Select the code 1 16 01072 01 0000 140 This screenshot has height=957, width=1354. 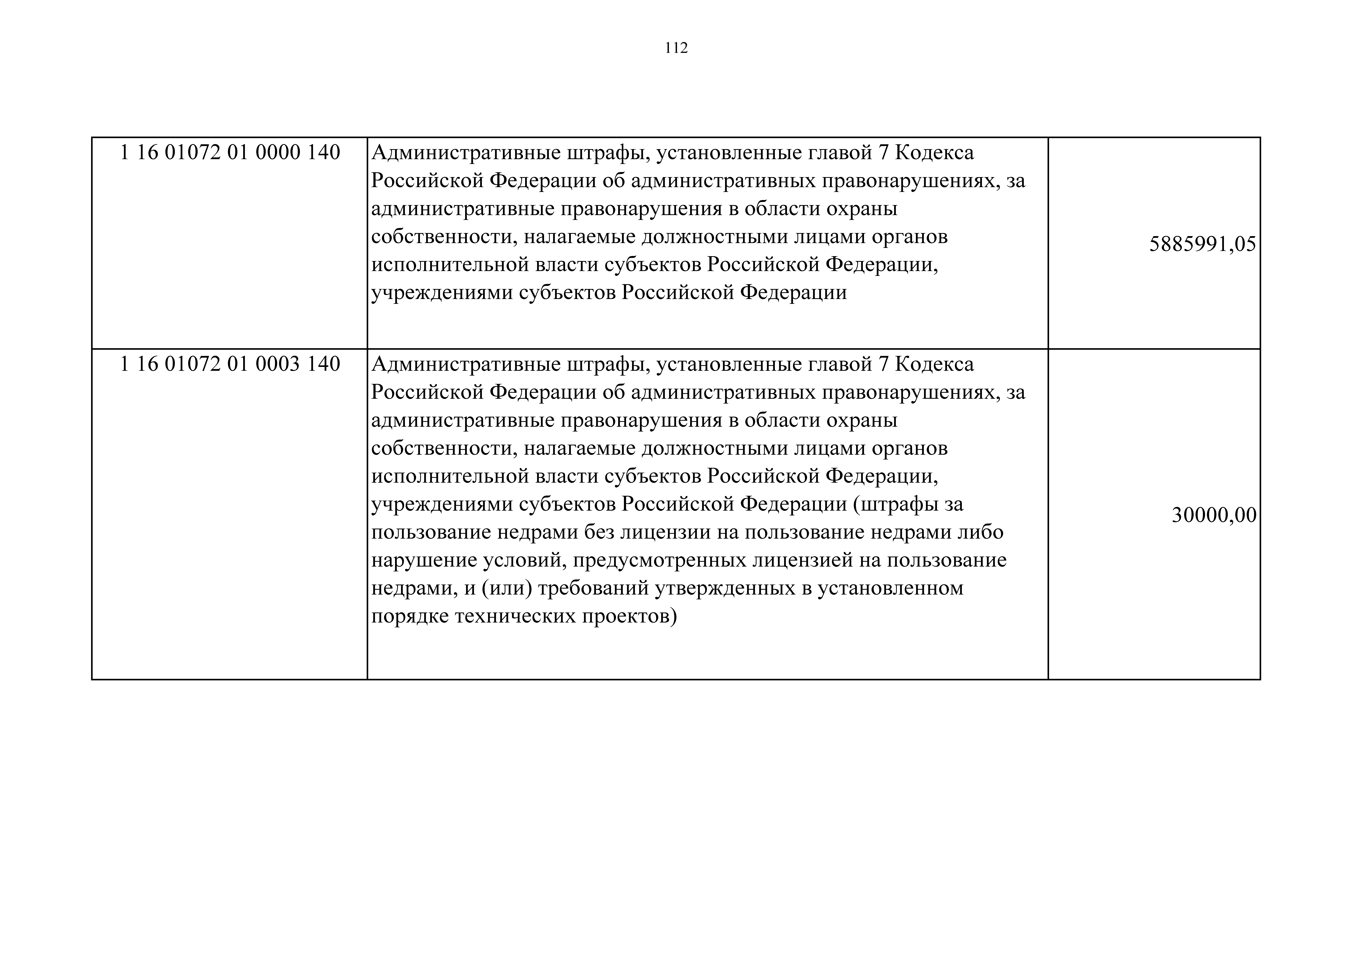point(230,153)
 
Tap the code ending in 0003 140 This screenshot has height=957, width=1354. point(230,364)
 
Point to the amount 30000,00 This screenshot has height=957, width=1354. point(1214,515)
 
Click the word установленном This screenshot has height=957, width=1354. point(890,589)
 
